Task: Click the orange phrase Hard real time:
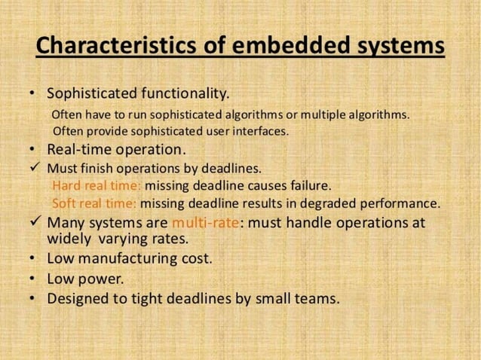[97, 185]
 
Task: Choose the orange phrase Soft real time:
[94, 203]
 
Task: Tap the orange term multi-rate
[205, 223]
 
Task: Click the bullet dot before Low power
[31, 279]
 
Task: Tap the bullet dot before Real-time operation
[31, 148]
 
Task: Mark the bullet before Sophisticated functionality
[31, 95]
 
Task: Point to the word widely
[69, 239]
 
